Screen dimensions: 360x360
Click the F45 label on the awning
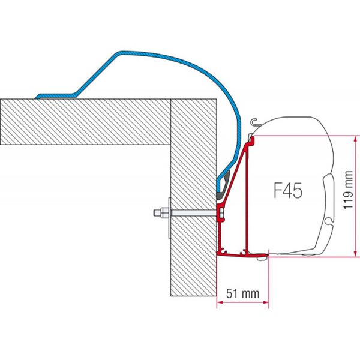pyautogui.click(x=287, y=191)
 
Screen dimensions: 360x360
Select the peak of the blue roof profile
pyautogui.click(x=129, y=55)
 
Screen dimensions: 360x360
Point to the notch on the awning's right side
pyautogui.click(x=327, y=180)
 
